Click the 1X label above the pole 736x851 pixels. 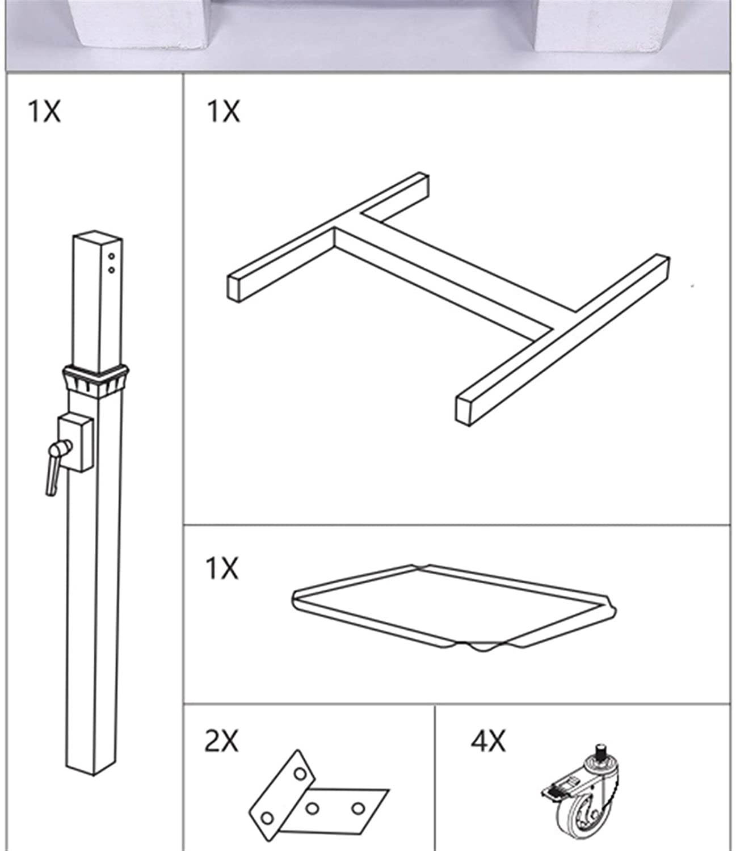(44, 111)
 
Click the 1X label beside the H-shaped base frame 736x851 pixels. (223, 111)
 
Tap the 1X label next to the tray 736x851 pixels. (222, 568)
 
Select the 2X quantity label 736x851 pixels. (221, 741)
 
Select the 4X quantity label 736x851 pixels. (489, 741)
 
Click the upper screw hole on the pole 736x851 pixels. (111, 256)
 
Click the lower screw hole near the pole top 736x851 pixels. (111, 270)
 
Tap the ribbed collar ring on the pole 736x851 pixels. (95, 381)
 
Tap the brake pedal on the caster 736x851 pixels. (553, 792)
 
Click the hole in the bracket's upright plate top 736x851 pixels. (300, 774)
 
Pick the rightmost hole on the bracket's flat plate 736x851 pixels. (358, 808)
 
